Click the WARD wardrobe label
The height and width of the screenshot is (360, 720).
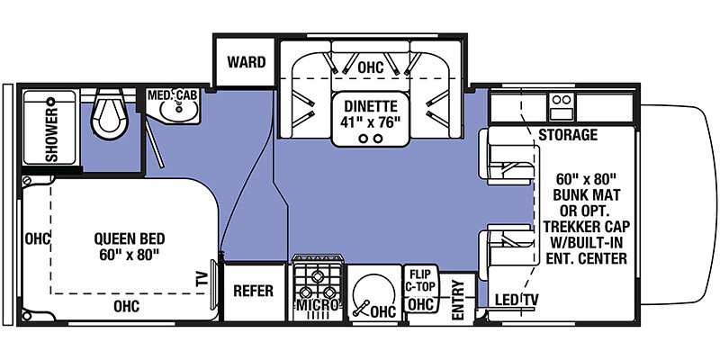point(246,62)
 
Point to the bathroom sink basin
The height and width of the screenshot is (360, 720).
point(179,112)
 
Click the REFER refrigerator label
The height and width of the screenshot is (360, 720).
point(253,291)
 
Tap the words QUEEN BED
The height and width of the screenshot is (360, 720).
point(129,238)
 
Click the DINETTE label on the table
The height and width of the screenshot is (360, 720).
point(371,106)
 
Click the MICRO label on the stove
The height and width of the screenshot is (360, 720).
point(318,304)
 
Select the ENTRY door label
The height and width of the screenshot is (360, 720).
point(458,300)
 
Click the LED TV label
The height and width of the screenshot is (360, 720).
point(517,301)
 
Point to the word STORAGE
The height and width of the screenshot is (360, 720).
point(568,135)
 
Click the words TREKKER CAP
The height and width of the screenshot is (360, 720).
point(587,227)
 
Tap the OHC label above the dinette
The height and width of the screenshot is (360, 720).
point(370,67)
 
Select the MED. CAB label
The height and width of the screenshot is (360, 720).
point(172,95)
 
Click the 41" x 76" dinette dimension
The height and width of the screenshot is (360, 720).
point(371,122)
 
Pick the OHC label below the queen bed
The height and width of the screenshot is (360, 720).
point(126,307)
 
